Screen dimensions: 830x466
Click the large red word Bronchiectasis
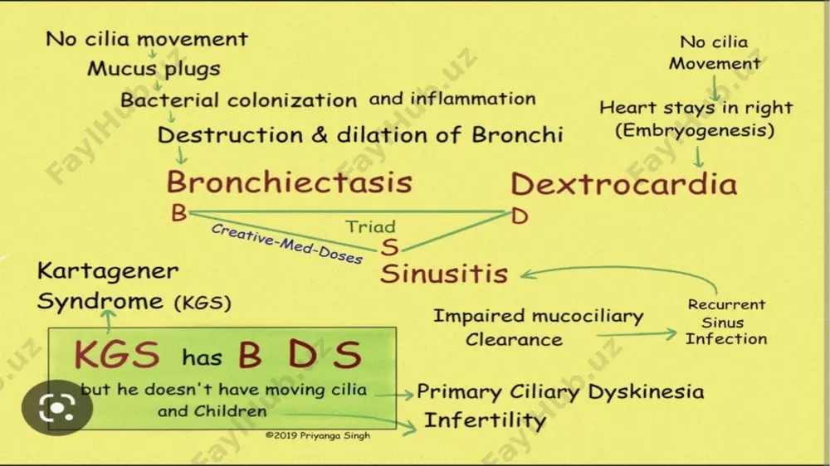[290, 182]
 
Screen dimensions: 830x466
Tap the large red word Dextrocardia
[623, 184]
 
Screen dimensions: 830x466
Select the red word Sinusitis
[444, 274]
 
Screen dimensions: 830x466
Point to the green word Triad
[370, 226]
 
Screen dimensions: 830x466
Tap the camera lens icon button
[57, 408]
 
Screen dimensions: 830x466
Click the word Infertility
[485, 420]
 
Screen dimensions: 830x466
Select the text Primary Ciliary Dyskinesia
[560, 392]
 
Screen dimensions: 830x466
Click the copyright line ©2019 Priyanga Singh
[318, 435]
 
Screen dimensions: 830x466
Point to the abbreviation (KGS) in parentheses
[203, 303]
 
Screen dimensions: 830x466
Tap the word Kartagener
[108, 271]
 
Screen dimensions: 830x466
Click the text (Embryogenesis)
[695, 130]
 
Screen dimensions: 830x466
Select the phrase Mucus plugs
[154, 69]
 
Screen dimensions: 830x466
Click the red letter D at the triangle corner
[520, 216]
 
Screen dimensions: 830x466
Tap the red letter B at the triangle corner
[179, 213]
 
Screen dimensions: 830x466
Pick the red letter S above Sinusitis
[389, 247]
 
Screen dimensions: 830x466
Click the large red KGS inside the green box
[117, 354]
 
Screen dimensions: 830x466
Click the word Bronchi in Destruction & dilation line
[517, 135]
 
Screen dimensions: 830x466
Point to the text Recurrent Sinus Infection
[725, 322]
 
